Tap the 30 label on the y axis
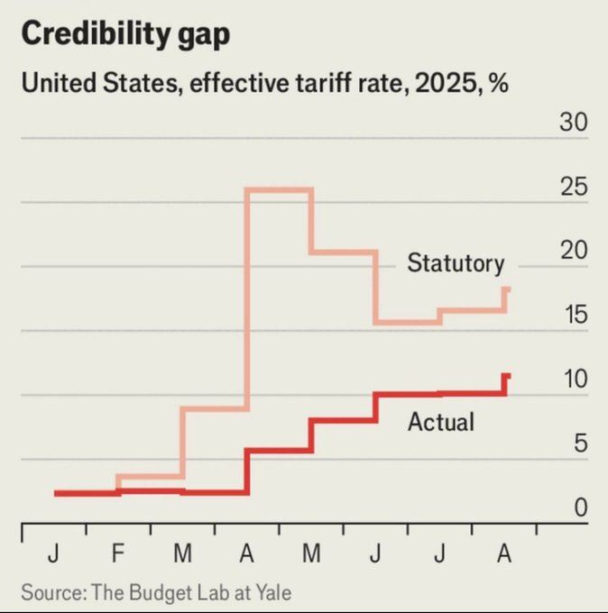[573, 124]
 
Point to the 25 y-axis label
[573, 188]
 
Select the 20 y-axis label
[573, 252]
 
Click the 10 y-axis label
[573, 380]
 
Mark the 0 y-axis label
[580, 508]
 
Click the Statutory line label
[455, 263]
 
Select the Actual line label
[440, 421]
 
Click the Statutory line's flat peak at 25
[280, 189]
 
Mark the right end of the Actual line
[509, 375]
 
